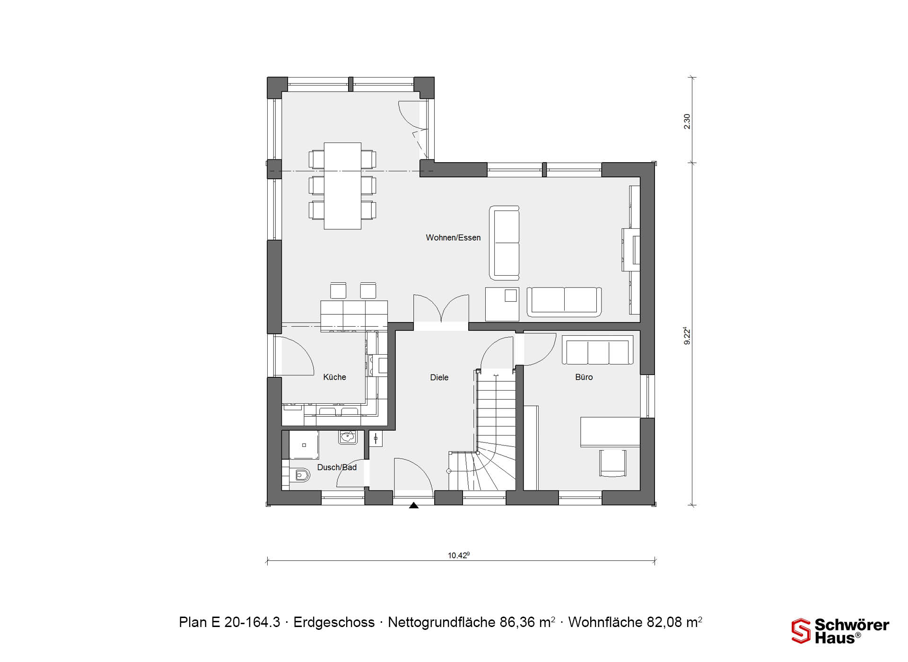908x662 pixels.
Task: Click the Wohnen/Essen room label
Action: tap(453, 238)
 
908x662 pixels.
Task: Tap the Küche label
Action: tap(334, 377)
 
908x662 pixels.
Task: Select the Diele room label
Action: tap(439, 377)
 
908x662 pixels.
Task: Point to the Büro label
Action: tap(584, 377)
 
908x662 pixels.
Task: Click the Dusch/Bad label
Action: tap(337, 467)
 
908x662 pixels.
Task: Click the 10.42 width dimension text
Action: tap(459, 555)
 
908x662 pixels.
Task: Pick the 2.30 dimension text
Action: tap(687, 121)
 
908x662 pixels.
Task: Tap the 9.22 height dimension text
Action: tap(687, 336)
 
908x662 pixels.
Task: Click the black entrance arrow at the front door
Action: tap(414, 505)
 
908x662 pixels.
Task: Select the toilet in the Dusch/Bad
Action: tap(300, 475)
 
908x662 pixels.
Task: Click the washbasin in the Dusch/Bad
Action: tap(348, 437)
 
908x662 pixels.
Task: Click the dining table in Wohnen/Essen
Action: tap(342, 186)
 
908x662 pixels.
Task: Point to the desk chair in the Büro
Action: tap(613, 463)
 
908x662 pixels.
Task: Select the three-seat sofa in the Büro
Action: tap(598, 350)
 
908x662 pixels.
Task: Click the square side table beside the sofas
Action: tap(502, 304)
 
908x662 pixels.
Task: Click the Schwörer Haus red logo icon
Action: tap(801, 631)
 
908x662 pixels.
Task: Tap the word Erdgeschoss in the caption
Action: tap(334, 622)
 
